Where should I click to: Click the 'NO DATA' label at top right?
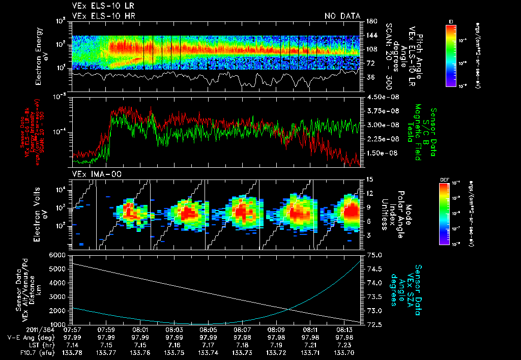342,16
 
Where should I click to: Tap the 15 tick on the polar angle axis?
369,179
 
